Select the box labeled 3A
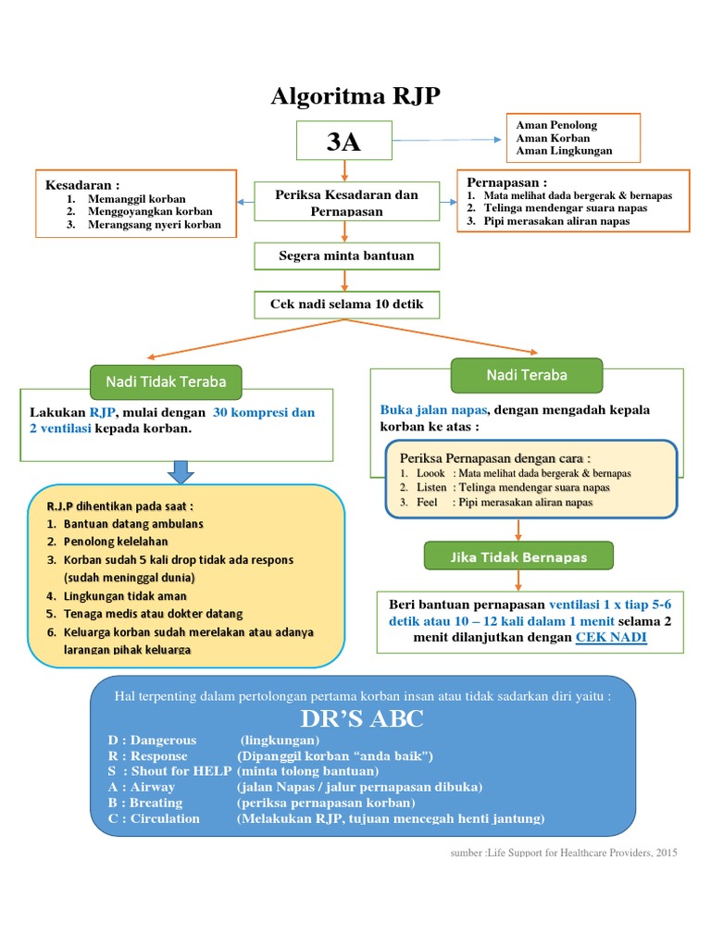click(x=344, y=141)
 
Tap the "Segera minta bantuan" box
click(x=346, y=256)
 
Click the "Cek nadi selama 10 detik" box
click(x=347, y=305)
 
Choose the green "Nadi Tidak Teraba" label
click(x=166, y=381)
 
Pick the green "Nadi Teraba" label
click(x=526, y=375)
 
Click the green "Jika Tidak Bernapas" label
click(x=518, y=556)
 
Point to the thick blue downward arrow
click(x=181, y=472)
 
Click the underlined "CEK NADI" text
click(x=611, y=638)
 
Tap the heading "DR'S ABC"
click(x=361, y=720)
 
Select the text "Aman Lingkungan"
click(x=564, y=151)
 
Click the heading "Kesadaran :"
click(x=82, y=185)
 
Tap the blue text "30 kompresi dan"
click(x=264, y=413)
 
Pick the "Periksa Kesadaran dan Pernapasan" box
click(x=346, y=203)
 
